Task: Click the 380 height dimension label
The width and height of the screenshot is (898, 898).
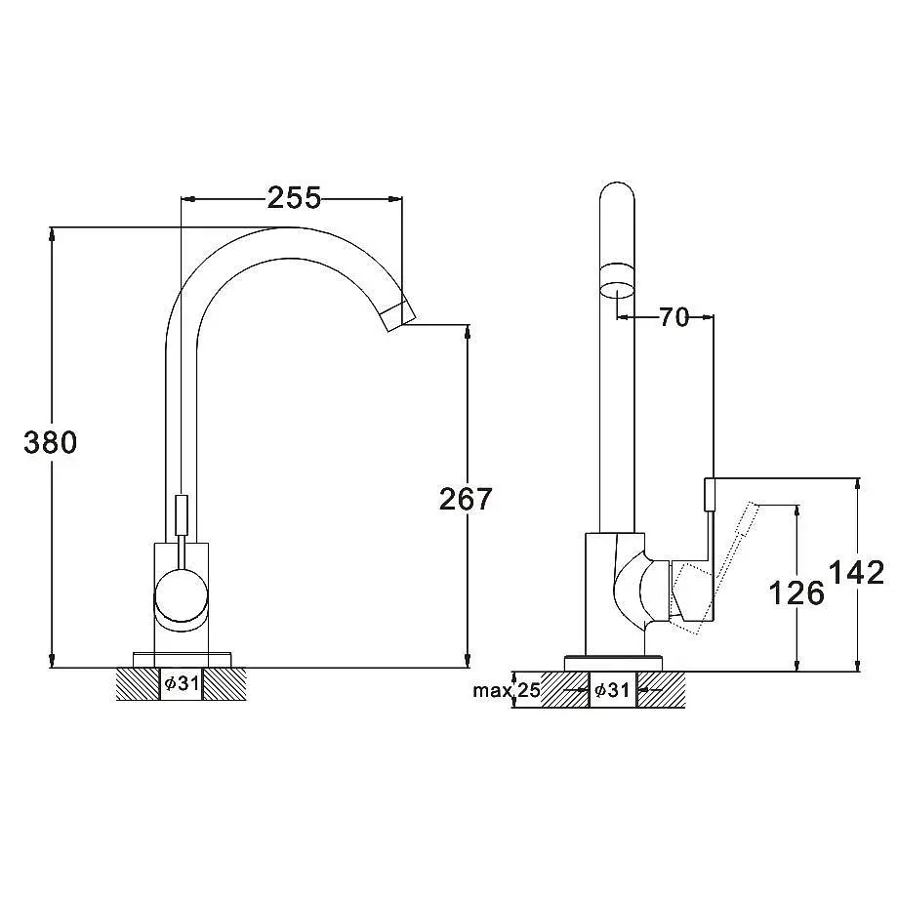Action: (50, 443)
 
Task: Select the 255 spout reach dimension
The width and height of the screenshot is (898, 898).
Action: (295, 198)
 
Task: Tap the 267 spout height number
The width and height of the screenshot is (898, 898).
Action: (465, 499)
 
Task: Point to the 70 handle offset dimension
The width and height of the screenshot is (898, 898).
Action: (674, 316)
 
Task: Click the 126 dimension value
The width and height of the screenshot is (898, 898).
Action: (796, 592)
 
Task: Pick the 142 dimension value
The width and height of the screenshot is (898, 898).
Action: (857, 573)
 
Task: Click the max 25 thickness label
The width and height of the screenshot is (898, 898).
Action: (507, 690)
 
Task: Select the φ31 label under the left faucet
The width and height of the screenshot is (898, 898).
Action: (182, 683)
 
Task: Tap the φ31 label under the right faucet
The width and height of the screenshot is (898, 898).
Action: (612, 690)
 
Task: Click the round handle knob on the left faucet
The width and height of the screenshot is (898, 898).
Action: (181, 596)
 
